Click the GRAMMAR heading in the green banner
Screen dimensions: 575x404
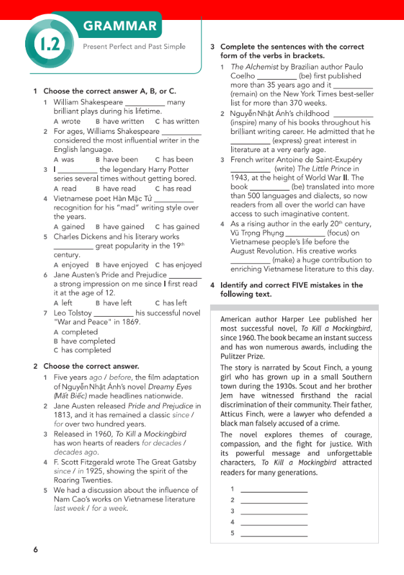tap(120, 26)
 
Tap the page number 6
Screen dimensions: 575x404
tap(36, 549)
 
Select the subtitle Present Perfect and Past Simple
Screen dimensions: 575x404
tap(134, 46)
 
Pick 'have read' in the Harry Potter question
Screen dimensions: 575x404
tap(119, 189)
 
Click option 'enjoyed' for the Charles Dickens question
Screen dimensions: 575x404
tap(75, 265)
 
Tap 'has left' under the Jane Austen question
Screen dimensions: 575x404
tap(175, 303)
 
